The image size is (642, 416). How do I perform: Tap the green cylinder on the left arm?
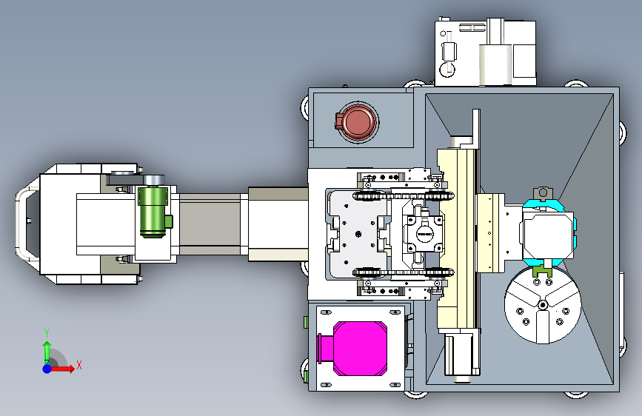click(x=153, y=212)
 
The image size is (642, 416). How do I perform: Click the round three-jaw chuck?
click(x=543, y=305)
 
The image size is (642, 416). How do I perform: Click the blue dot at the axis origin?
click(x=47, y=369)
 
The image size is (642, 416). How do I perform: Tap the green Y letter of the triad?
click(x=47, y=332)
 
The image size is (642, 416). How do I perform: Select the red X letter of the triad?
click(x=79, y=365)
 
